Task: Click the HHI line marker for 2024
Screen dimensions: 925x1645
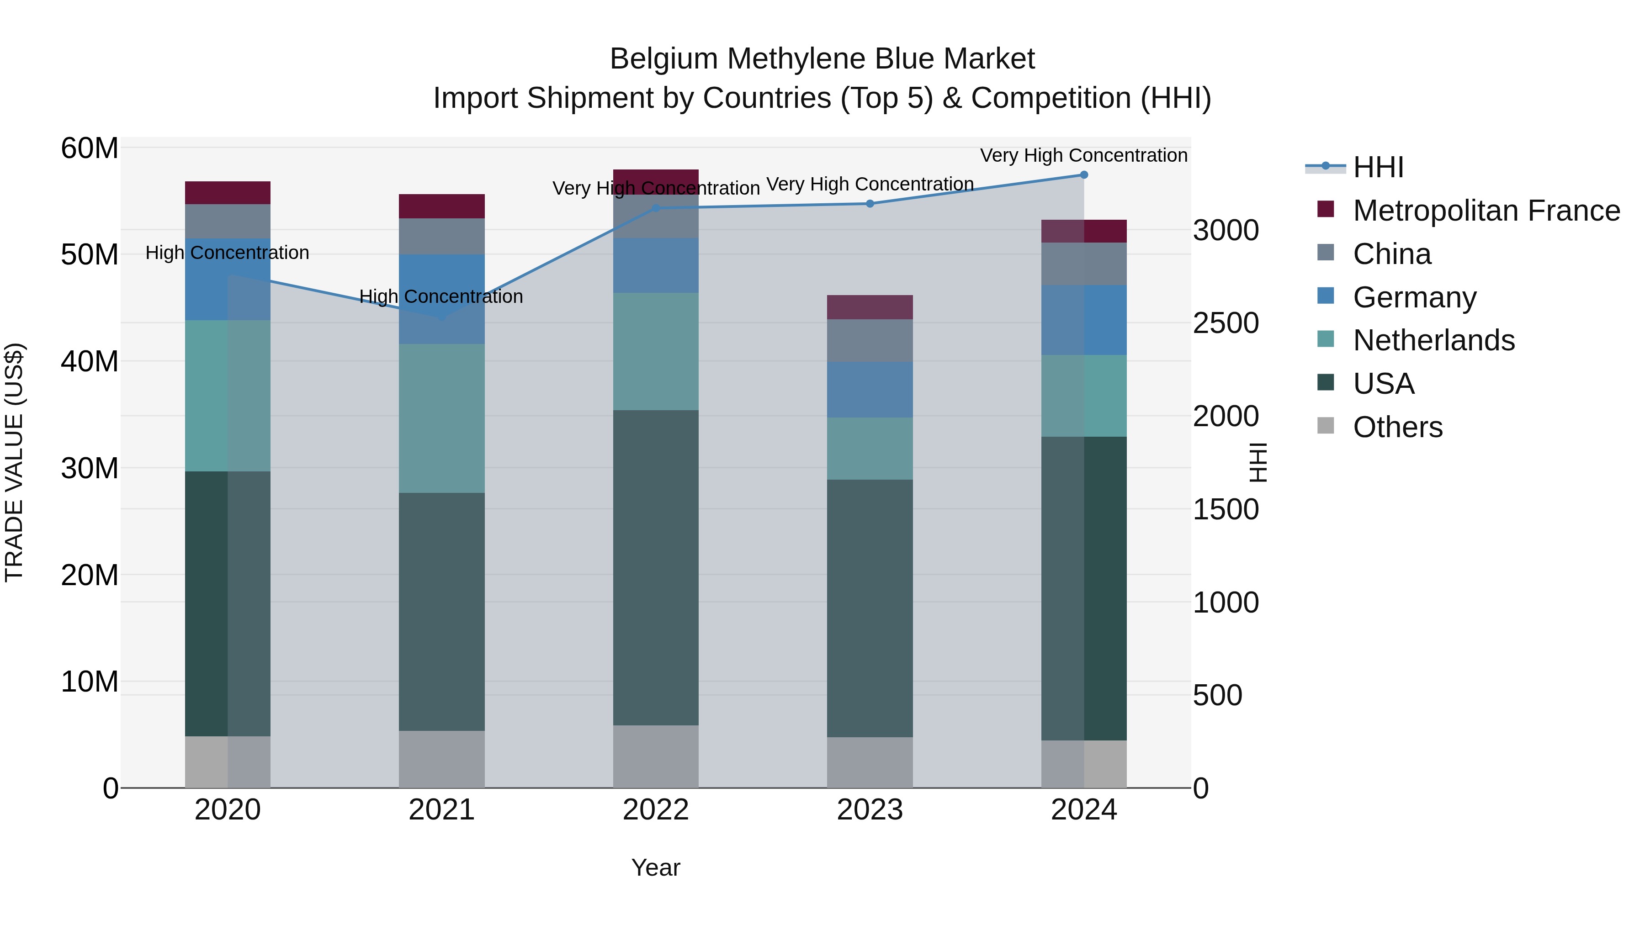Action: point(1084,175)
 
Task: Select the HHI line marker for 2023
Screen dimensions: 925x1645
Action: point(870,204)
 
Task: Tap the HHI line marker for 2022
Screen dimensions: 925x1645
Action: point(656,208)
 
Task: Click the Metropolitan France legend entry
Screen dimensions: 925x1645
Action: point(1486,211)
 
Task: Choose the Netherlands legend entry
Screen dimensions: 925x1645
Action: point(1433,340)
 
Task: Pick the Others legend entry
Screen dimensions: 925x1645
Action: point(1397,427)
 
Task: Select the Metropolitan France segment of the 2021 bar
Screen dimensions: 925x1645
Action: point(441,206)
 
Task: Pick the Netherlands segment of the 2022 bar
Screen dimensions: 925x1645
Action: point(656,351)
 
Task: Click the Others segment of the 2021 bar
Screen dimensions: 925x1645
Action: point(441,759)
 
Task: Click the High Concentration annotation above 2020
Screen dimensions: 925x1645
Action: point(228,253)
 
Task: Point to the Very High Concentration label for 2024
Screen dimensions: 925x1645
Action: point(1084,155)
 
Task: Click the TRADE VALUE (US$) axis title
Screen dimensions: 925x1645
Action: point(14,462)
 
